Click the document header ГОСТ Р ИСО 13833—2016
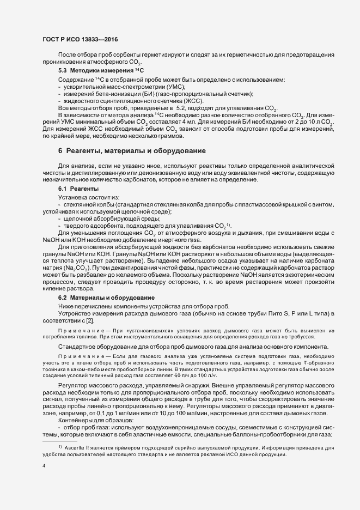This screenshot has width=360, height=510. pyautogui.click(x=80, y=40)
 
